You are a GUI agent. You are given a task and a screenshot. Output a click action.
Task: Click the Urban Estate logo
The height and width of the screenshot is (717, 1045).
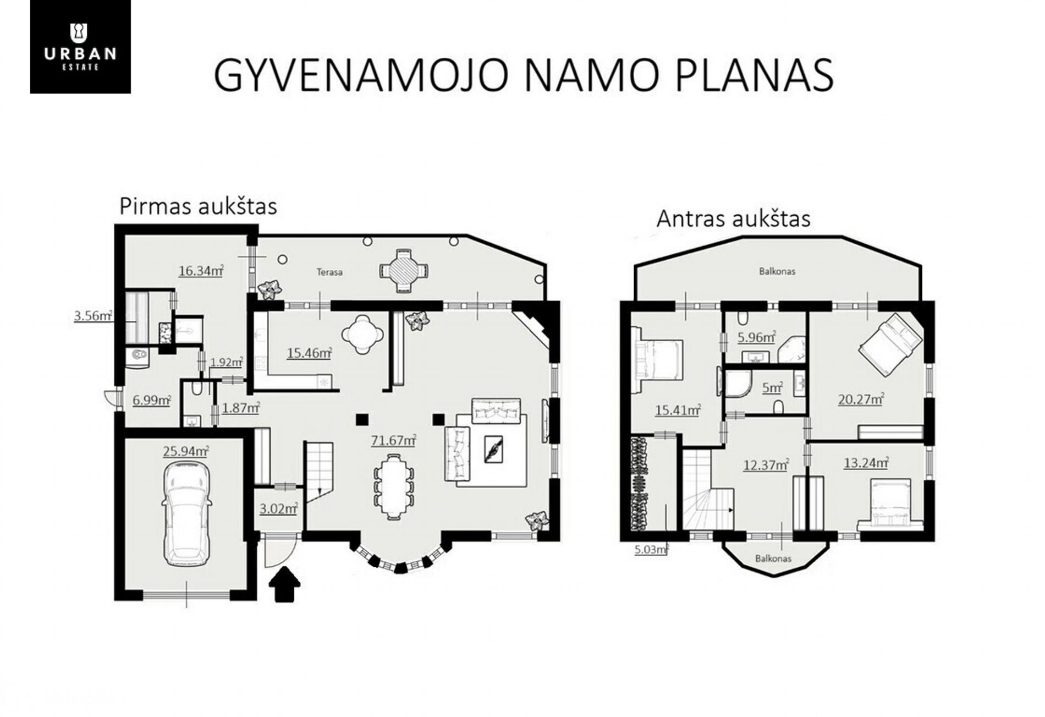[x=80, y=47]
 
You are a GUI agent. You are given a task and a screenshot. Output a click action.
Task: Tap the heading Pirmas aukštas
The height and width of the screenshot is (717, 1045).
[x=198, y=206]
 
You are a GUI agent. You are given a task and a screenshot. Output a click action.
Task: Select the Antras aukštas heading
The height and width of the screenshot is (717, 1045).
[x=734, y=218]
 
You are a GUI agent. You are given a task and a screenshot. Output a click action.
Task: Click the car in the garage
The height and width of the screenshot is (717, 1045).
[x=186, y=513]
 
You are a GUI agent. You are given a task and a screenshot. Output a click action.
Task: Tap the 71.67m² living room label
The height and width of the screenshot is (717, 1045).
[x=393, y=440]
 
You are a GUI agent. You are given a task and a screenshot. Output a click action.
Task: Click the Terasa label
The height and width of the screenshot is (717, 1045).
[x=329, y=272]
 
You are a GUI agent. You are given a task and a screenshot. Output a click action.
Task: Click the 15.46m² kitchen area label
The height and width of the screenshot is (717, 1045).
[x=309, y=353]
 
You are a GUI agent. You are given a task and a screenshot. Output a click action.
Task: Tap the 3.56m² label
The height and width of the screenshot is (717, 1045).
[x=94, y=316]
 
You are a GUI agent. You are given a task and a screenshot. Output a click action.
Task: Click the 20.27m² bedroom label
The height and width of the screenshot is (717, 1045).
[x=861, y=398]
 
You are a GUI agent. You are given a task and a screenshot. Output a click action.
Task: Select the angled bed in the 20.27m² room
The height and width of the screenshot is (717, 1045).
[x=891, y=344]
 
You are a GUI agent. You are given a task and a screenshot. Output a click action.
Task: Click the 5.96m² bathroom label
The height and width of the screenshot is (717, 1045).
[x=757, y=337]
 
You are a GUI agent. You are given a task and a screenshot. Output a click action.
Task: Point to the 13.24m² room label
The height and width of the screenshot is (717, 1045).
[x=866, y=463]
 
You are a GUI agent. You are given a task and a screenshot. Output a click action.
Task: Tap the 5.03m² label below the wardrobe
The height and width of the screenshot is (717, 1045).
[x=651, y=549]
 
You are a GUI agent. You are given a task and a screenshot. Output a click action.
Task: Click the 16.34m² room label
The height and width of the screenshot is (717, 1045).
[x=201, y=271]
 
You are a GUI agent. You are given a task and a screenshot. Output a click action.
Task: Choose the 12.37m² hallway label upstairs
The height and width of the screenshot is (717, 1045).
[x=766, y=465]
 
